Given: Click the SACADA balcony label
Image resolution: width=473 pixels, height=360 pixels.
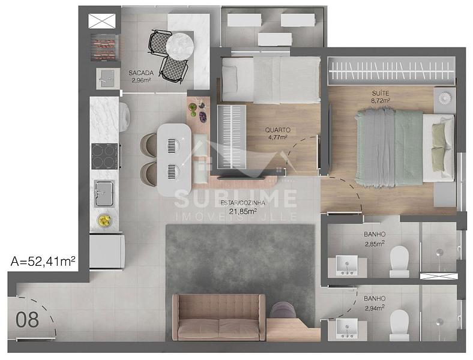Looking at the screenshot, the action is [x=141, y=73].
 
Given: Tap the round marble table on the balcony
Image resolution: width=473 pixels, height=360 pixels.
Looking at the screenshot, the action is [x=180, y=46].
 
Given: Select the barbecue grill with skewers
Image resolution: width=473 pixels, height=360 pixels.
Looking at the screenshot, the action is [x=104, y=47].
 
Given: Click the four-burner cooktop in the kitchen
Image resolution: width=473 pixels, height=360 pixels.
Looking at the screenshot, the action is [x=104, y=156].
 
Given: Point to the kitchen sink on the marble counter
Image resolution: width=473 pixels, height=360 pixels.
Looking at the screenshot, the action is [x=104, y=194].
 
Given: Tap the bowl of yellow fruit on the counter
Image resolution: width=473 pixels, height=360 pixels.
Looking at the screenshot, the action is [x=104, y=220].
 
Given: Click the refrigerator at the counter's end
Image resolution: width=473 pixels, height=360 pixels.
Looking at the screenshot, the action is [x=107, y=251].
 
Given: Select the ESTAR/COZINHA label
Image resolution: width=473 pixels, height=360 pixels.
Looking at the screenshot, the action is [x=243, y=203].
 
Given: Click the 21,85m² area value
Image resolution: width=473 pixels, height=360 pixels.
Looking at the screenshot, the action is [x=243, y=211].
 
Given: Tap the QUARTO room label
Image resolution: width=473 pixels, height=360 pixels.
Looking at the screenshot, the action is [x=278, y=130].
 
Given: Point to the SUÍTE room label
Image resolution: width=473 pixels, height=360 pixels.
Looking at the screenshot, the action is [x=381, y=94].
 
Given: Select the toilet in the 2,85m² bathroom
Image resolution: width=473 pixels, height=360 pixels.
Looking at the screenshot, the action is [x=399, y=261].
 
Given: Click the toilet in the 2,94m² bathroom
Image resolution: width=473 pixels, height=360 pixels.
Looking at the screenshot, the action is [x=399, y=325].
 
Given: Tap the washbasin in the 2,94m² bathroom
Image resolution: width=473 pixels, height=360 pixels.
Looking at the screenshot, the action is [x=347, y=329].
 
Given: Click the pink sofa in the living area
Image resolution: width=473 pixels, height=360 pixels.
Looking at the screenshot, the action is [x=219, y=317].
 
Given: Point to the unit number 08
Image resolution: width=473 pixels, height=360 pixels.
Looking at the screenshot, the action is [x=27, y=320].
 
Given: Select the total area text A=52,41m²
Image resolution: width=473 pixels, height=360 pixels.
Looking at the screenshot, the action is [x=43, y=261].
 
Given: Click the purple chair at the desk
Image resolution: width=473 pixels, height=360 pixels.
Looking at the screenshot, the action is [x=283, y=310].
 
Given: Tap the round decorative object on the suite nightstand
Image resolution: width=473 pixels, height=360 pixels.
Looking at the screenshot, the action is [x=445, y=98].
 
